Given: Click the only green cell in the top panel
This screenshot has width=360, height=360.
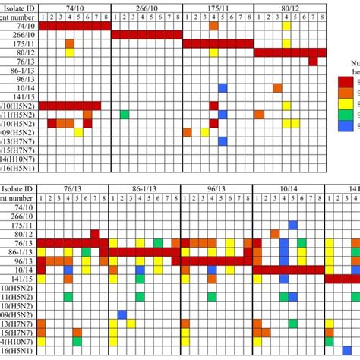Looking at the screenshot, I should [124, 115].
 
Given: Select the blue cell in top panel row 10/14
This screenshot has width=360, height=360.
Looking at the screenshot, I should [223, 88].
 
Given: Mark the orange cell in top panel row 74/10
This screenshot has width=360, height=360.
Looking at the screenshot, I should [213, 26].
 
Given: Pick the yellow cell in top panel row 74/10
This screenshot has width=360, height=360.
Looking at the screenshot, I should [286, 26].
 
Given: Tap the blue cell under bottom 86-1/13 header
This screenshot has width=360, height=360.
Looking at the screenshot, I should [122, 314].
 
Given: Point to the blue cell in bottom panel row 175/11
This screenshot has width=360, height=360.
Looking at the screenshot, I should [292, 226].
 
